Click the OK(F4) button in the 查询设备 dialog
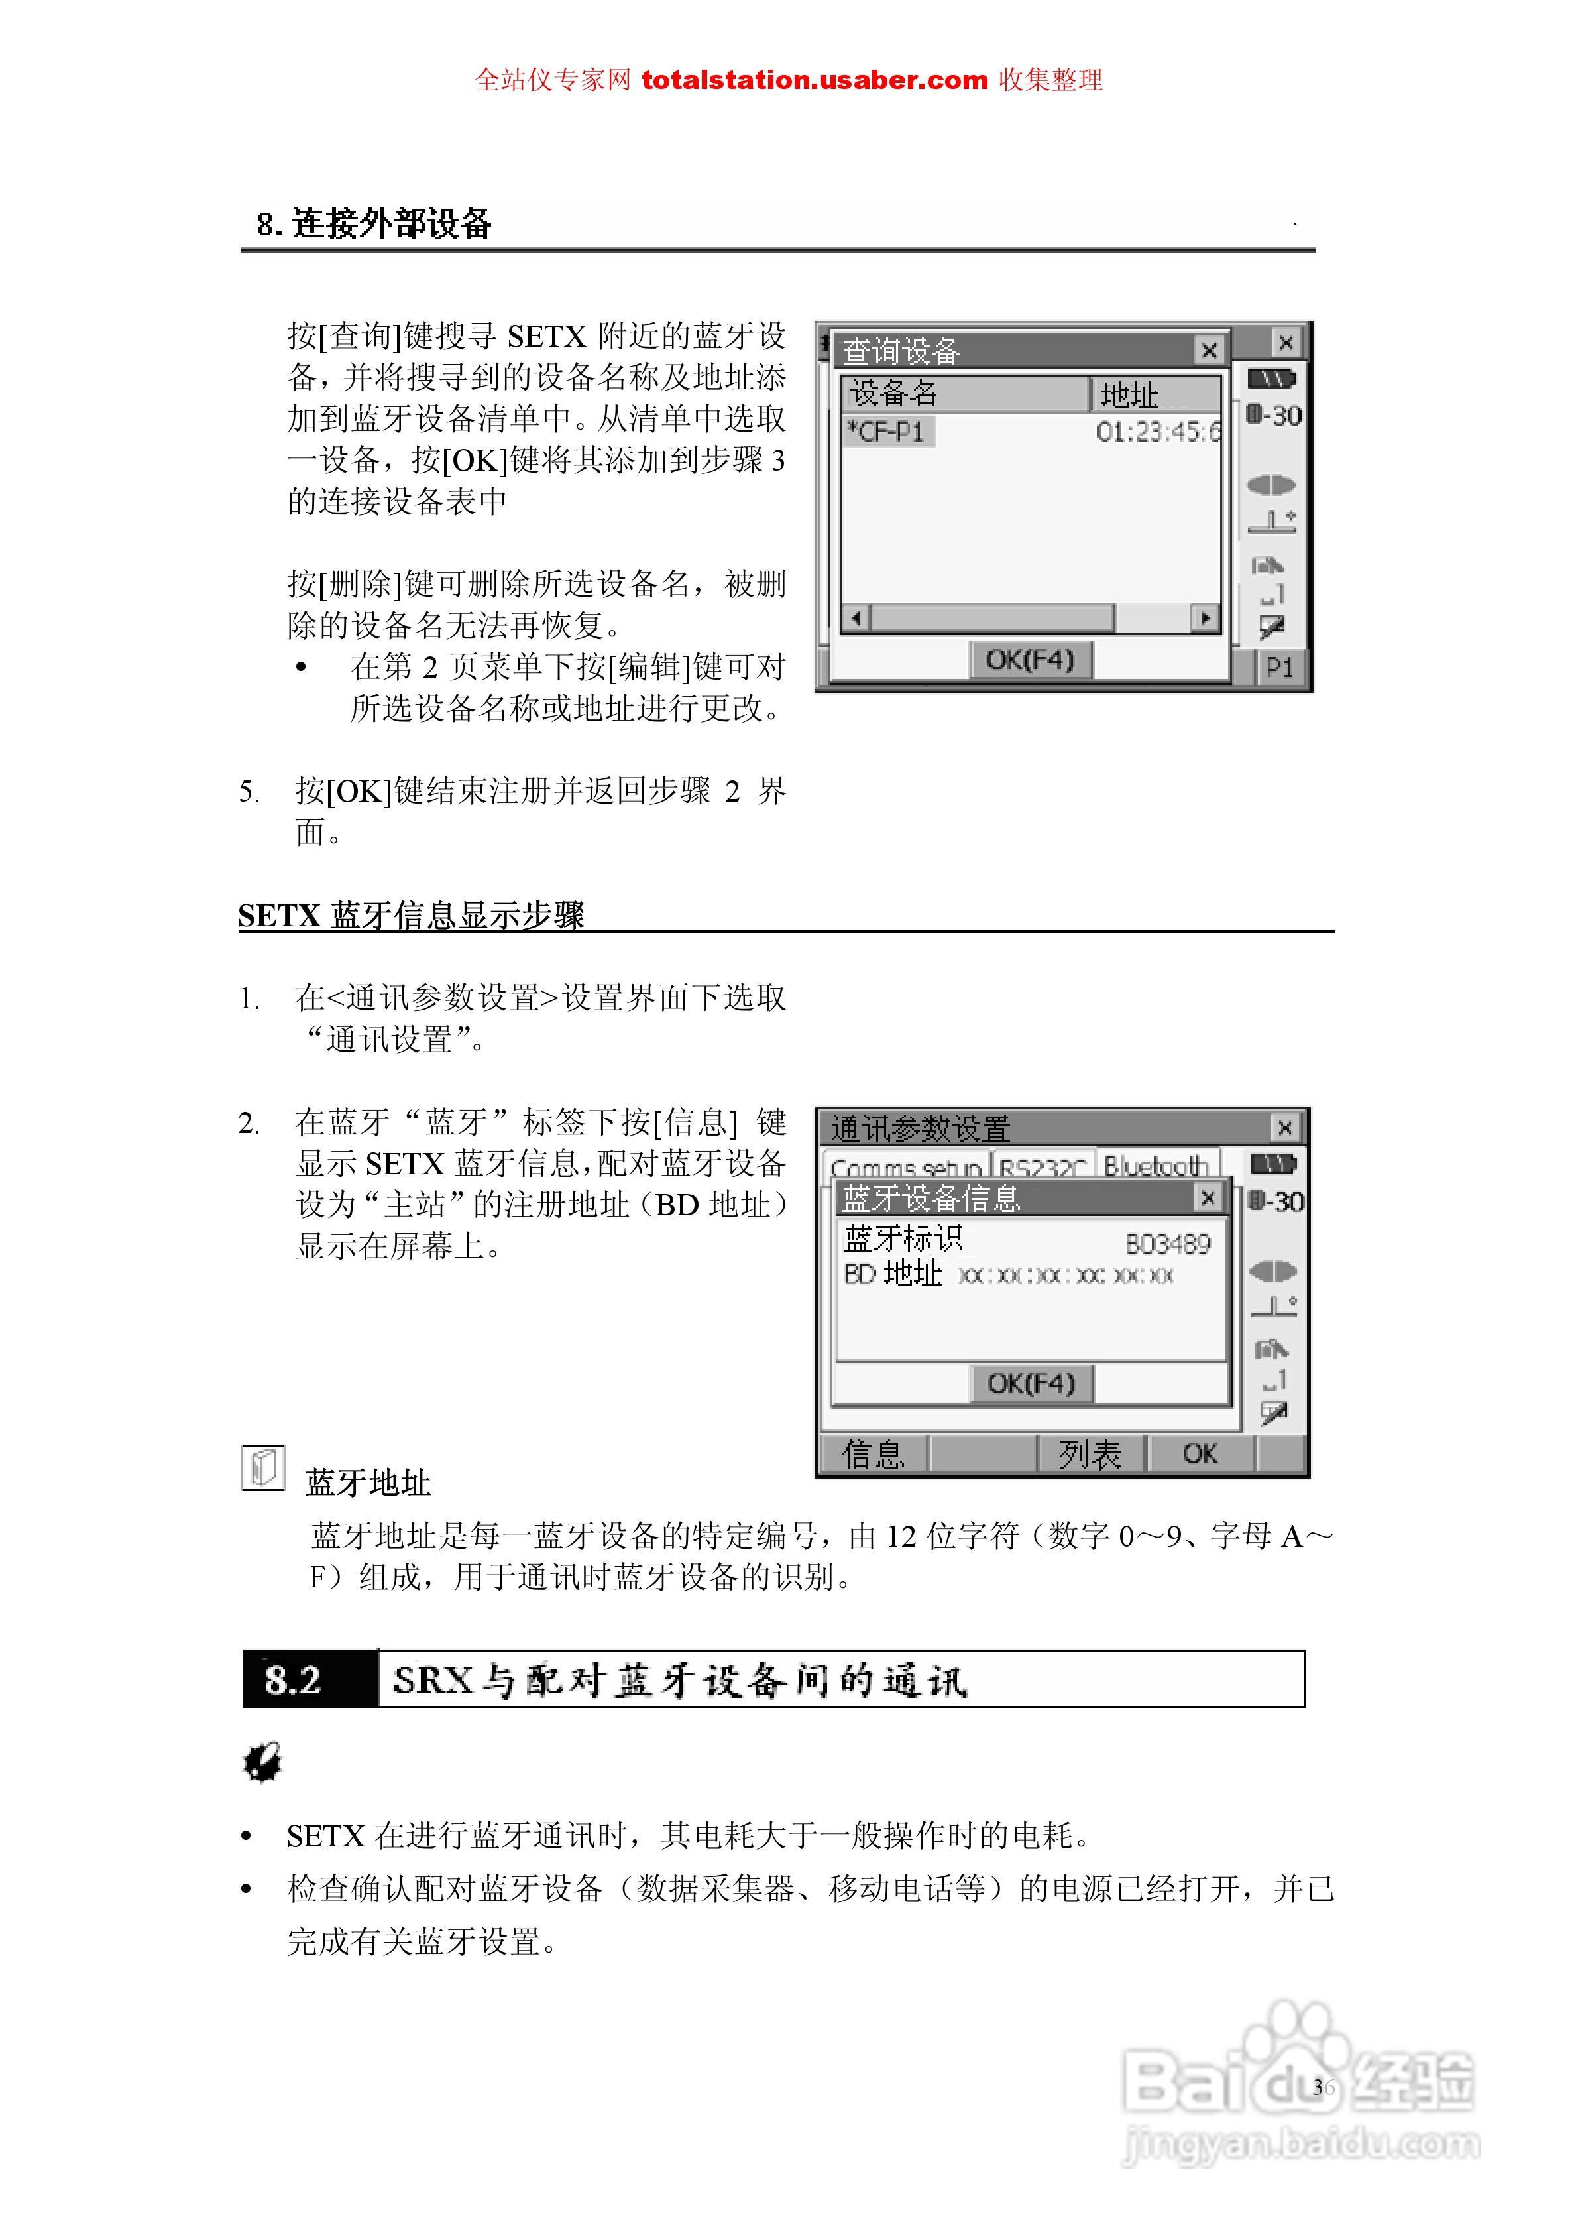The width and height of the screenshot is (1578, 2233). [x=1031, y=660]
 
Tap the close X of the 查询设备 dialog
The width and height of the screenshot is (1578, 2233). [x=1209, y=349]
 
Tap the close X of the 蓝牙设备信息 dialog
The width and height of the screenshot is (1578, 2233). [x=1208, y=1197]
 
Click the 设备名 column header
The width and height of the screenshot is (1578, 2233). [x=962, y=394]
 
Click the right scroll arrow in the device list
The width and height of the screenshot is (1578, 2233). [x=1206, y=617]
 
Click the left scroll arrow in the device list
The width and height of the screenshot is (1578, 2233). [x=856, y=617]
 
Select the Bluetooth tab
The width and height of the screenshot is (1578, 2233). [x=1156, y=1165]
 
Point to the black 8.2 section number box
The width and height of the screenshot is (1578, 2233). [x=310, y=1679]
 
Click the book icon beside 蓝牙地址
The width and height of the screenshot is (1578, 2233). [x=262, y=1468]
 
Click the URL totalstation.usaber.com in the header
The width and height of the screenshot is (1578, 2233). [x=814, y=80]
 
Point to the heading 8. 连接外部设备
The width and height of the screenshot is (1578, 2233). [x=374, y=223]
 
